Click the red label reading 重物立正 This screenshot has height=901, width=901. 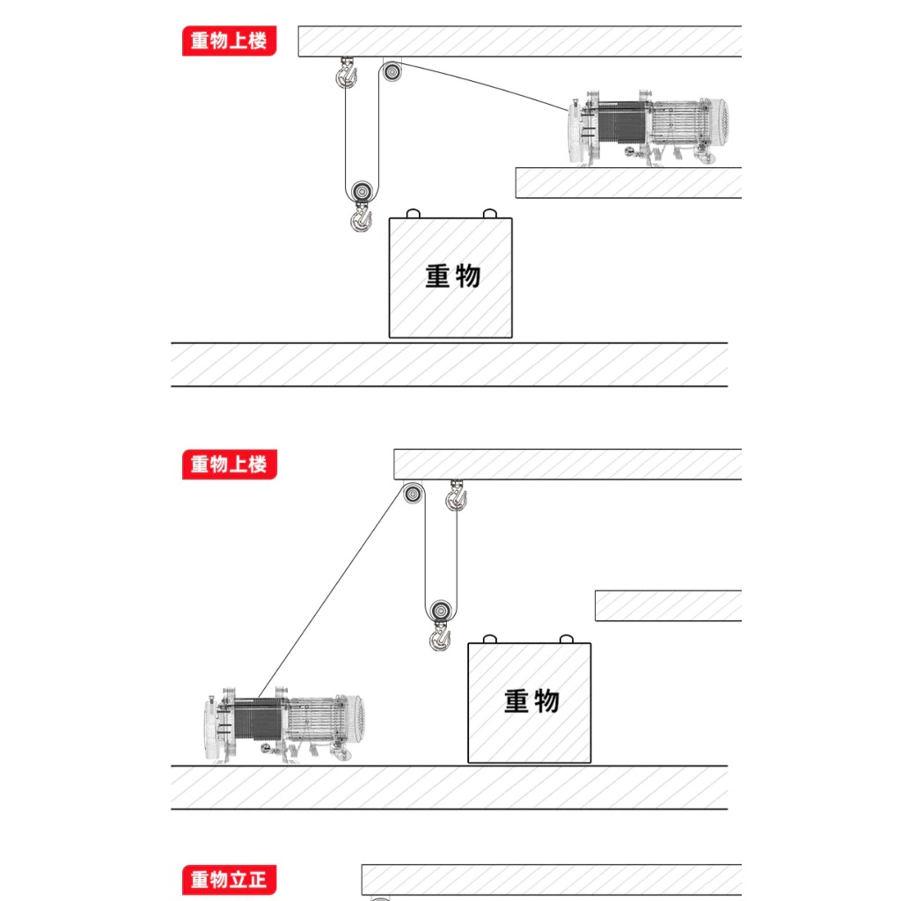click(230, 879)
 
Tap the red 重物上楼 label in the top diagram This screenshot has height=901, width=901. click(230, 40)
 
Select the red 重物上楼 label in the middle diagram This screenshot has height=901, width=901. click(230, 464)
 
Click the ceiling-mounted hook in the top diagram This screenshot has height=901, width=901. click(346, 73)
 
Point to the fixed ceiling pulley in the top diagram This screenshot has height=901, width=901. click(392, 71)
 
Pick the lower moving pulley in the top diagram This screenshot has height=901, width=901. click(362, 190)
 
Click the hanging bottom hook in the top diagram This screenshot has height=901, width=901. click(362, 218)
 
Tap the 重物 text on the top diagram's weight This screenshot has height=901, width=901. click(453, 276)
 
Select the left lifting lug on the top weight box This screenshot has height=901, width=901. click(414, 214)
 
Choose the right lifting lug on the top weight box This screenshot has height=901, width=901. click(489, 214)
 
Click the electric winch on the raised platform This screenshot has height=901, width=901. click(648, 128)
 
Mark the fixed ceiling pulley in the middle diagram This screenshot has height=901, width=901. click(413, 494)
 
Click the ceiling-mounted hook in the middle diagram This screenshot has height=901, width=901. click(457, 495)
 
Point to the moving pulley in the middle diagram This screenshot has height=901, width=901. click(441, 611)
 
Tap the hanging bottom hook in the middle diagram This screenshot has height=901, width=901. click(440, 637)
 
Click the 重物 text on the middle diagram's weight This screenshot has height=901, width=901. click(531, 701)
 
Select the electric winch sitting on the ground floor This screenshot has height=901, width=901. click(284, 724)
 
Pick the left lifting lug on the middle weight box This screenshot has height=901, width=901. click(489, 639)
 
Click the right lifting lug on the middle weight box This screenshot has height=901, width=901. click(567, 639)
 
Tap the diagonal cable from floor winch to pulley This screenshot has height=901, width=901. click(332, 593)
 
